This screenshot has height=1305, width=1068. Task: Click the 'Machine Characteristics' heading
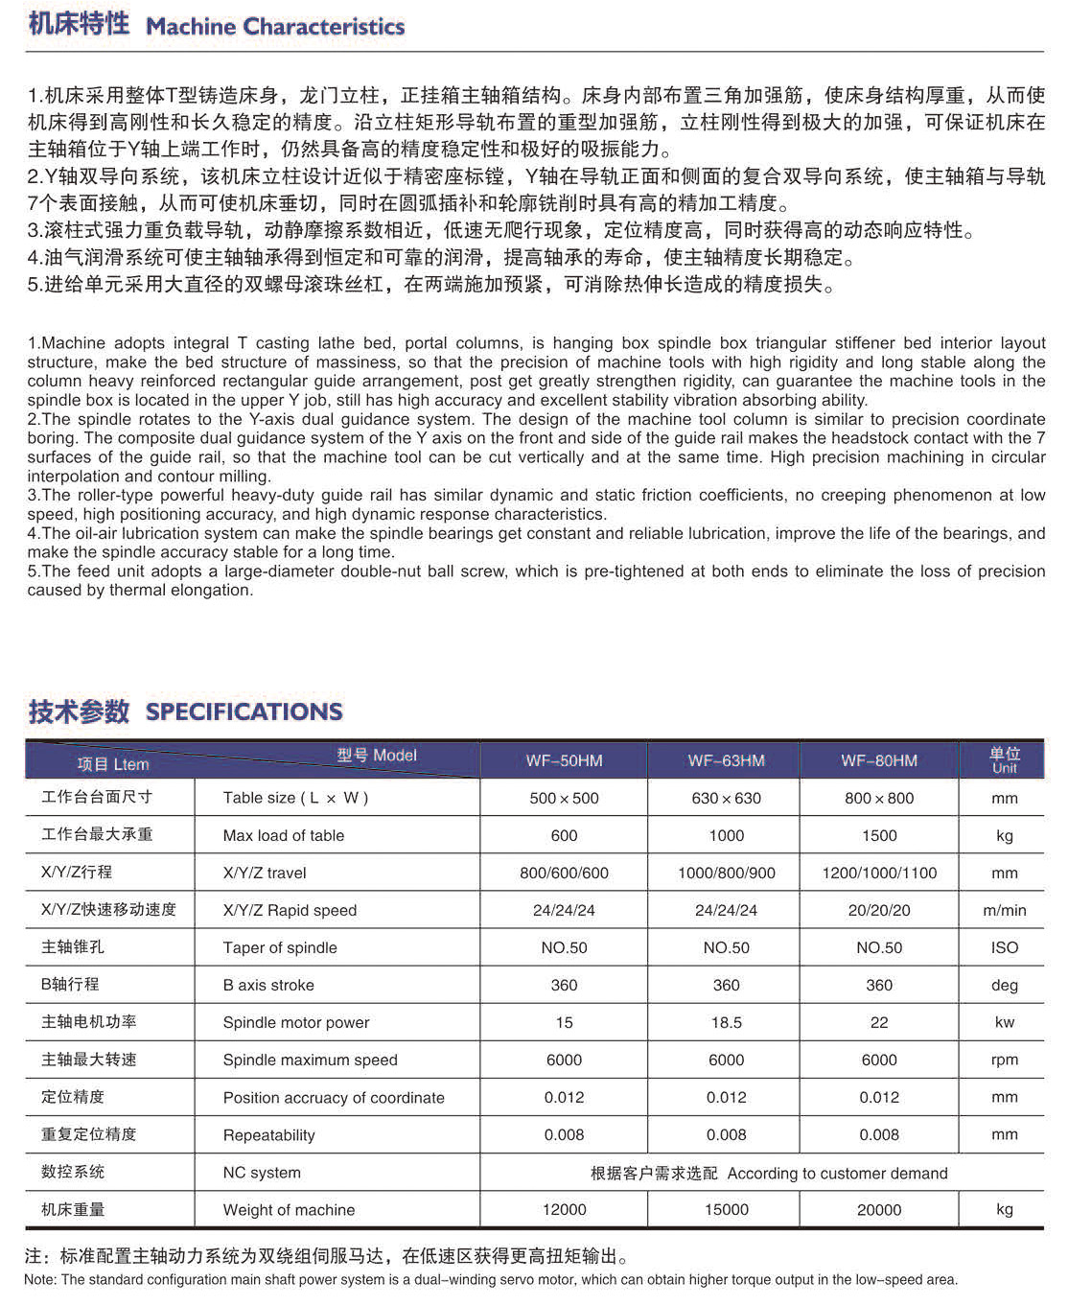point(275,26)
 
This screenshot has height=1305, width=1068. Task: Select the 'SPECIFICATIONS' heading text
point(244,711)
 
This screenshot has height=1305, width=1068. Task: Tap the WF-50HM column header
point(564,760)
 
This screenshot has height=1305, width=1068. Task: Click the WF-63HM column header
point(726,760)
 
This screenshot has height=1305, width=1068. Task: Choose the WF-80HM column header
point(879,760)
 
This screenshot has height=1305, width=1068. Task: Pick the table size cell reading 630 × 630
point(726,798)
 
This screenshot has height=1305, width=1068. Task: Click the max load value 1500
point(879,835)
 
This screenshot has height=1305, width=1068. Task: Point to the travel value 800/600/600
point(564,873)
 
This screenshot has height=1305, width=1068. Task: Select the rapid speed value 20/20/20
point(879,910)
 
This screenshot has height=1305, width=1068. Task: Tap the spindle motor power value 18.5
point(726,1022)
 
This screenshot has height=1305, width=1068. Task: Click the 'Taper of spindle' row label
point(280,947)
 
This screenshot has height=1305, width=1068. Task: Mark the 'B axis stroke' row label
point(268,985)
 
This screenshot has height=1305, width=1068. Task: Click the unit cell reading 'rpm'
point(1004,1060)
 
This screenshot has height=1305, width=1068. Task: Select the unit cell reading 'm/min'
point(1004,910)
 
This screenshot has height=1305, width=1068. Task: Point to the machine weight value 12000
point(564,1209)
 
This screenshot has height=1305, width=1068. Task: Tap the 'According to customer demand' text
point(837,1173)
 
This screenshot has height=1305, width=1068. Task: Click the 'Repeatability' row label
point(268,1134)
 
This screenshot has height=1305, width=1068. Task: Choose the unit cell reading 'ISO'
point(1004,947)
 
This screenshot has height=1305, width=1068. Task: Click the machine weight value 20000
point(879,1209)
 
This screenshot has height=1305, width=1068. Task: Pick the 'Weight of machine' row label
point(289,1209)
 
